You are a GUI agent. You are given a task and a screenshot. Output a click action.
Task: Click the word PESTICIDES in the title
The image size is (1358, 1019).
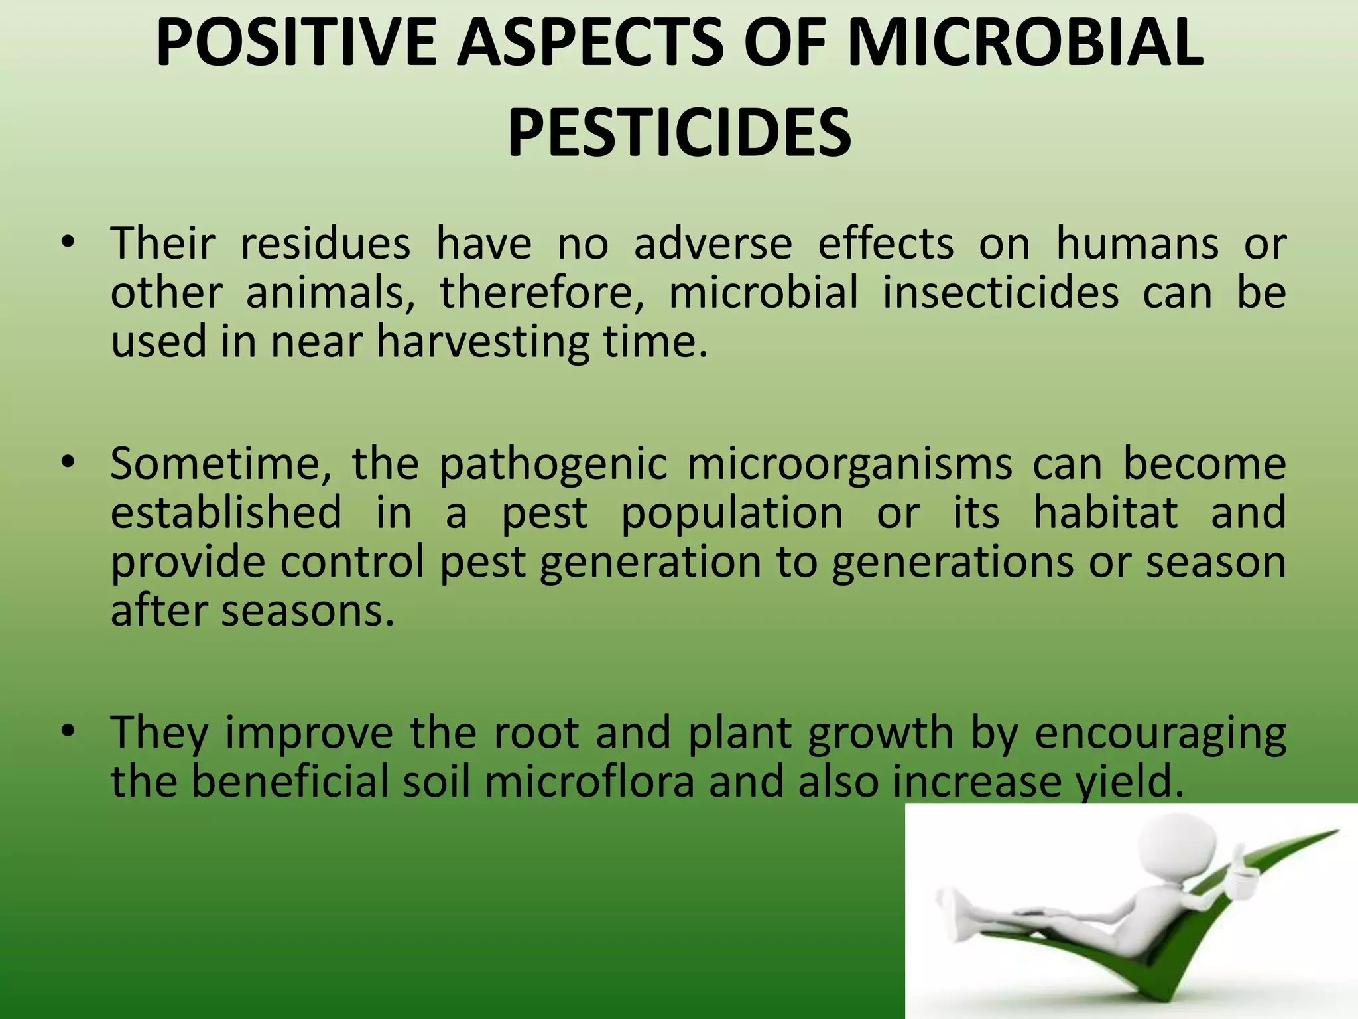click(x=679, y=133)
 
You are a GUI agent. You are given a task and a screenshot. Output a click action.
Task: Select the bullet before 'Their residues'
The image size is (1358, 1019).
click(x=67, y=243)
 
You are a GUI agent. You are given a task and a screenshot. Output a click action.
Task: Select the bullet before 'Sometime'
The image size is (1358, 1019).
click(x=67, y=464)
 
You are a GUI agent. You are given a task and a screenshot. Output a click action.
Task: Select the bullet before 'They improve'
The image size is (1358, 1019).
click(x=67, y=732)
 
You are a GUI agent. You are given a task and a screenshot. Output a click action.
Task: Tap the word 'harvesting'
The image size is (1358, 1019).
click(x=483, y=342)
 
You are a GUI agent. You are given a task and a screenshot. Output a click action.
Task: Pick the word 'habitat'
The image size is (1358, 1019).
click(x=1105, y=513)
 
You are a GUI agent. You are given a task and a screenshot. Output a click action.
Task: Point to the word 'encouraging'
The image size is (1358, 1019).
click(x=1160, y=734)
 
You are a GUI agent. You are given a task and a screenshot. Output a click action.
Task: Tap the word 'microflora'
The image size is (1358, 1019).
click(x=589, y=781)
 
